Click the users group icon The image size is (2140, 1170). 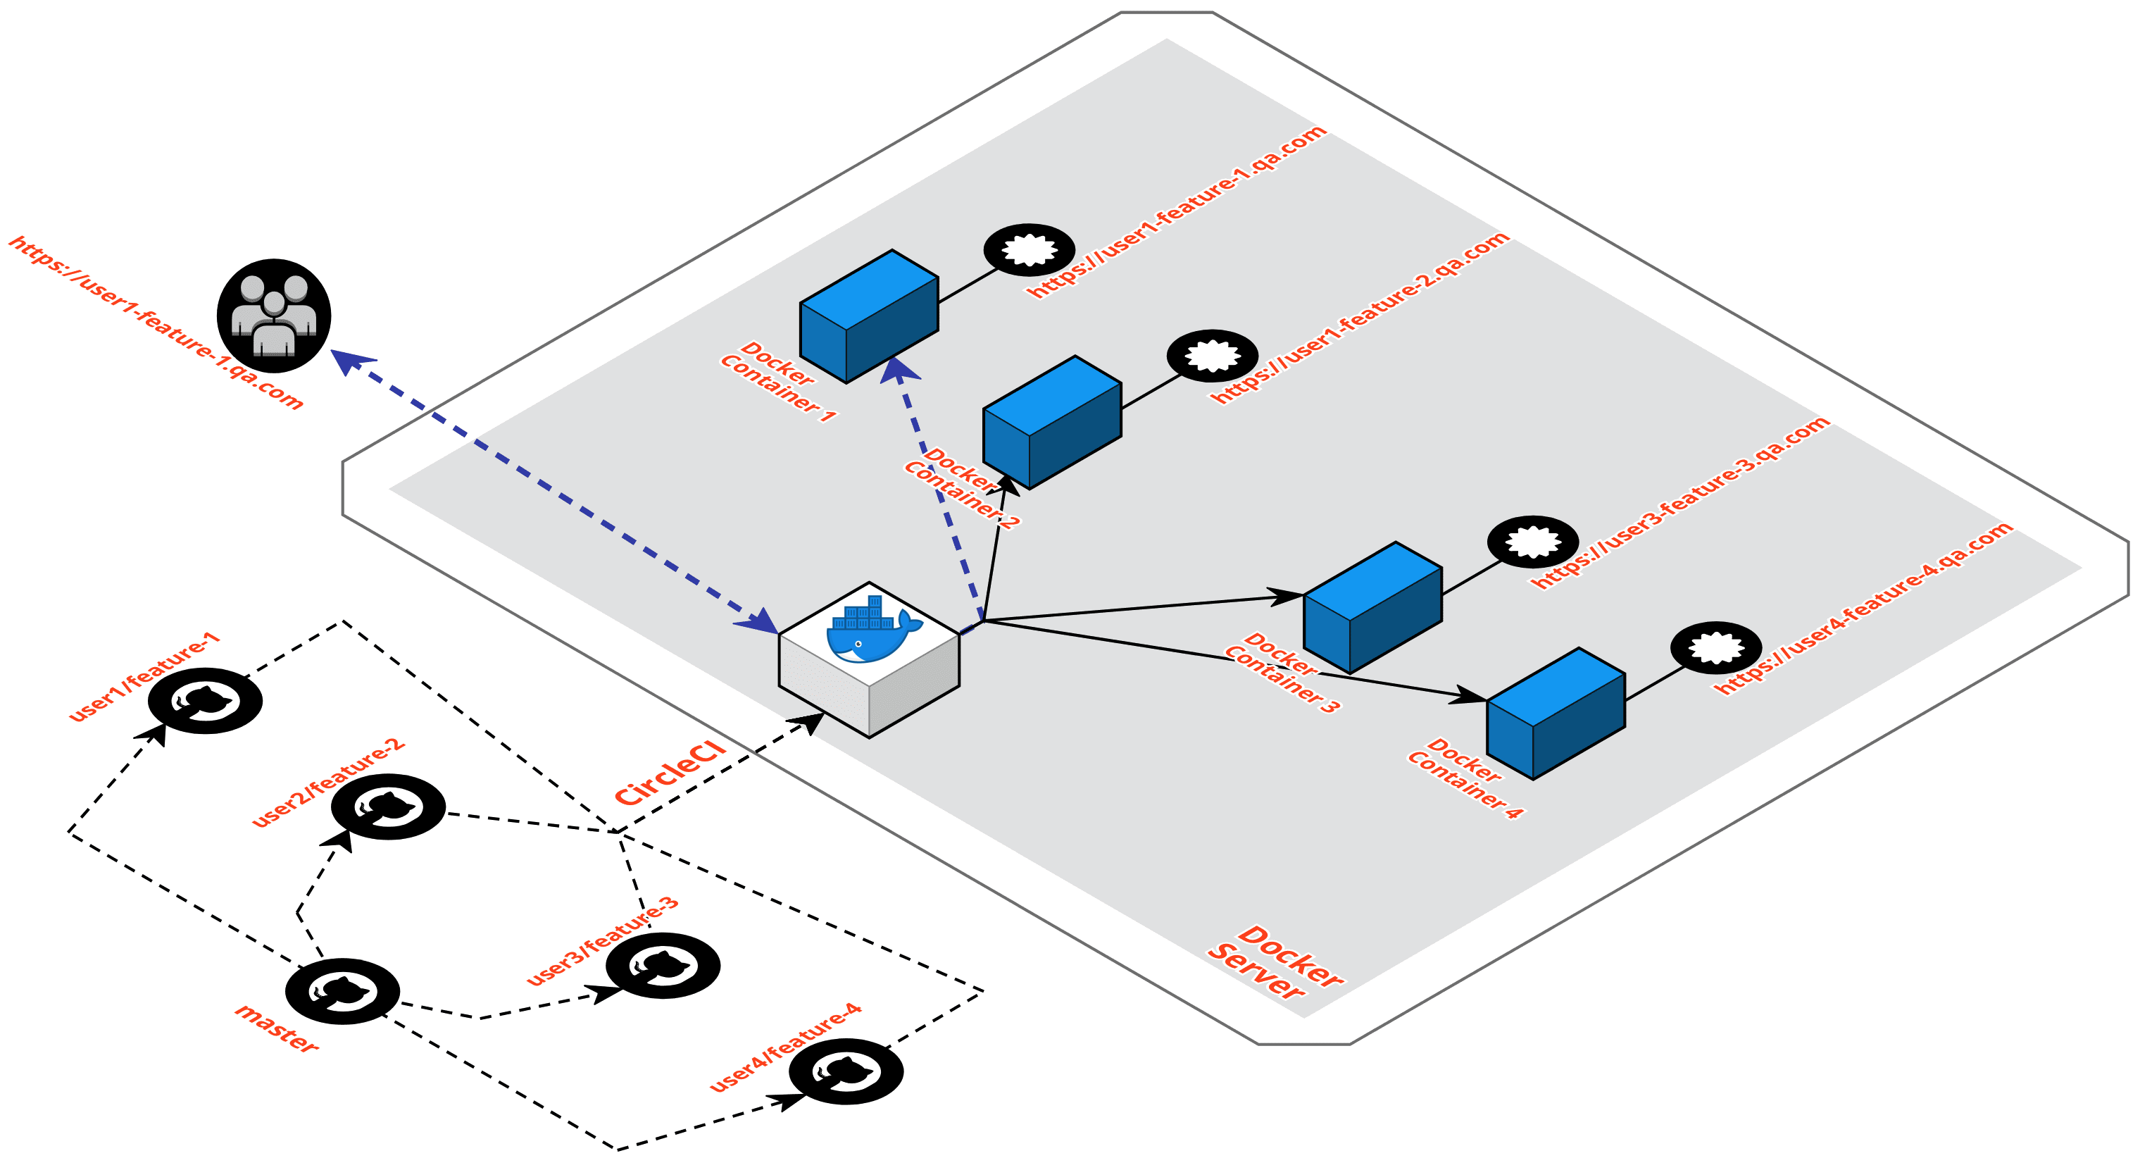pyautogui.click(x=273, y=316)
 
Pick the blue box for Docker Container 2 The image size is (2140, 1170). pyautogui.click(x=1052, y=422)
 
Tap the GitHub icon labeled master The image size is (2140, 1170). pyautogui.click(x=342, y=990)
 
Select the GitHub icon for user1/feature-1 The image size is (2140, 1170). pyautogui.click(x=205, y=700)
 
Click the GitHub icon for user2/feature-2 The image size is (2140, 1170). pyautogui.click(x=388, y=806)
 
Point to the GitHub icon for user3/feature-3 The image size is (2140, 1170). pyautogui.click(x=662, y=965)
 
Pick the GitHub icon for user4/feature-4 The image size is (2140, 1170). pyautogui.click(x=846, y=1071)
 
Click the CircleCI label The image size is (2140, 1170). pyautogui.click(x=670, y=773)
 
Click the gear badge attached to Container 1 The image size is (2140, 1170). pyautogui.click(x=1030, y=249)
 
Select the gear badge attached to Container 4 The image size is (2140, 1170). pyautogui.click(x=1715, y=647)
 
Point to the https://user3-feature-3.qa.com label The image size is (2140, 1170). pyautogui.click(x=1679, y=502)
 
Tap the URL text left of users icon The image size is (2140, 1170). pyautogui.click(x=156, y=323)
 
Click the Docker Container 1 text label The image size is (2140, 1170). pyautogui.click(x=777, y=381)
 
